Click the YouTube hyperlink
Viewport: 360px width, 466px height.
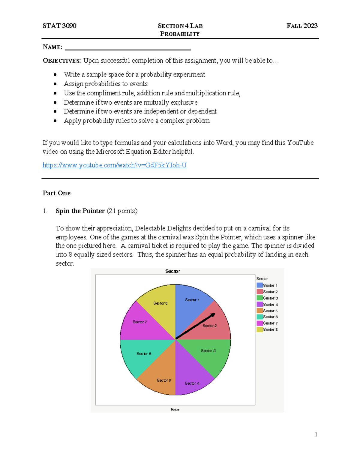click(x=115, y=165)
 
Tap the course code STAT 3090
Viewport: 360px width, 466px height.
click(x=59, y=26)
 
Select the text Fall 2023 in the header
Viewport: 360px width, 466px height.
click(x=302, y=26)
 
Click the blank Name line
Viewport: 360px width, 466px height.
click(x=128, y=48)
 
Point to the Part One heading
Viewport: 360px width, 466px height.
click(x=56, y=193)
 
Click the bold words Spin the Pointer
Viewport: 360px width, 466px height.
click(x=80, y=211)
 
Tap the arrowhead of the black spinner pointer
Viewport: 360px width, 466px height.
click(x=213, y=315)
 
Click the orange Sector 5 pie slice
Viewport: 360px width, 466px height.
click(x=160, y=375)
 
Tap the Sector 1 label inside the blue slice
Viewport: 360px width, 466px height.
click(x=192, y=300)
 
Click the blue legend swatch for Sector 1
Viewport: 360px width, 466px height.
click(x=259, y=285)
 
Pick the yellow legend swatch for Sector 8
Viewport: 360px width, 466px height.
click(x=259, y=329)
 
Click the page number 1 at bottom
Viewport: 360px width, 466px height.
click(x=316, y=434)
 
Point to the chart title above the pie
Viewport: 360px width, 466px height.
click(x=172, y=271)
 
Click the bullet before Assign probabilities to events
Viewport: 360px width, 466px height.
click(x=55, y=84)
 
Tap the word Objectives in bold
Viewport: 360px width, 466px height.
click(x=61, y=61)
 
